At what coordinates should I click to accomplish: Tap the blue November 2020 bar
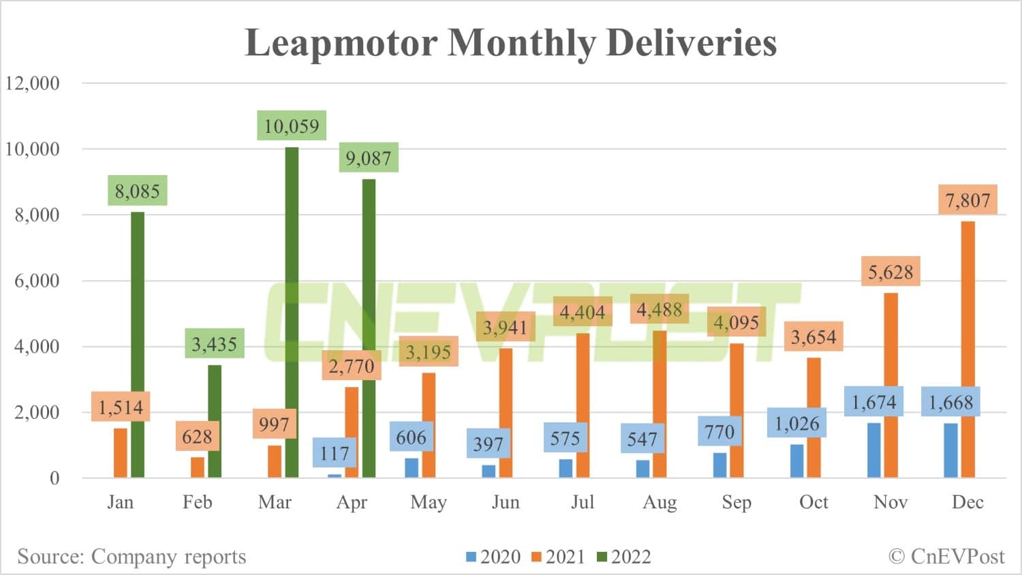[x=873, y=450]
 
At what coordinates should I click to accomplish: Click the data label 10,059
[x=292, y=126]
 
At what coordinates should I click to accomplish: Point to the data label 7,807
[x=967, y=200]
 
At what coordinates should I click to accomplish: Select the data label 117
[x=335, y=453]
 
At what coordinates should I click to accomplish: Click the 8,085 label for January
[x=137, y=191]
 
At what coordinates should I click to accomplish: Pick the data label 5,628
[x=891, y=272]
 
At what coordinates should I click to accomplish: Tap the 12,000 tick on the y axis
[x=33, y=83]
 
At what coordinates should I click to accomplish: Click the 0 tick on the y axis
[x=55, y=478]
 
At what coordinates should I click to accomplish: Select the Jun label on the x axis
[x=506, y=502]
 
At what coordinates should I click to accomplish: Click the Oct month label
[x=814, y=502]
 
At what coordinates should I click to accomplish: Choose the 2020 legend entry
[x=493, y=557]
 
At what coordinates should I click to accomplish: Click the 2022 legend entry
[x=624, y=557]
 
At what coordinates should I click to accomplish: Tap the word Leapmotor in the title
[x=341, y=42]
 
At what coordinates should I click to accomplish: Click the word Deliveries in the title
[x=691, y=42]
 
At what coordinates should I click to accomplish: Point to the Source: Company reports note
[x=131, y=557]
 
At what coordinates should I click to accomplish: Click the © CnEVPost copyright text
[x=946, y=557]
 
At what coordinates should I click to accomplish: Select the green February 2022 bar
[x=215, y=421]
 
